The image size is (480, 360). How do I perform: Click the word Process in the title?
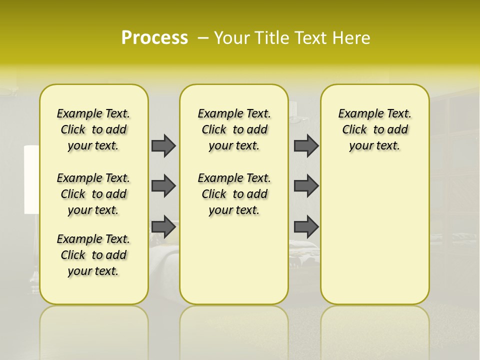[154, 37]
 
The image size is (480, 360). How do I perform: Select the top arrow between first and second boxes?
[163, 145]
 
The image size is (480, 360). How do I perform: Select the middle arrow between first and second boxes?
[163, 186]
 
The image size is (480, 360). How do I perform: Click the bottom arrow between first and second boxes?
[163, 226]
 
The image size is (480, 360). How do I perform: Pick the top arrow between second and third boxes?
[306, 145]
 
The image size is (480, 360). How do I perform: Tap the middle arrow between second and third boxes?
[306, 186]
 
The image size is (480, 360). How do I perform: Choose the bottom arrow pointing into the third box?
[306, 226]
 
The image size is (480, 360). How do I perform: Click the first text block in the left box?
[93, 129]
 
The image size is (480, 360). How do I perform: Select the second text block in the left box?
[93, 194]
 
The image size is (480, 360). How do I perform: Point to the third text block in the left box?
[93, 255]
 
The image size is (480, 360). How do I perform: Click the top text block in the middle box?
[234, 129]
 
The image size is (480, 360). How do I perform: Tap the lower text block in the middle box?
[234, 194]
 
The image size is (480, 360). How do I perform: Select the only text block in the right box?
[375, 129]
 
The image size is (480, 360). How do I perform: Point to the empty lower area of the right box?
[375, 235]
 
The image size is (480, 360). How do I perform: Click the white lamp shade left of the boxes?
[31, 180]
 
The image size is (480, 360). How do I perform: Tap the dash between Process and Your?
[203, 37]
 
